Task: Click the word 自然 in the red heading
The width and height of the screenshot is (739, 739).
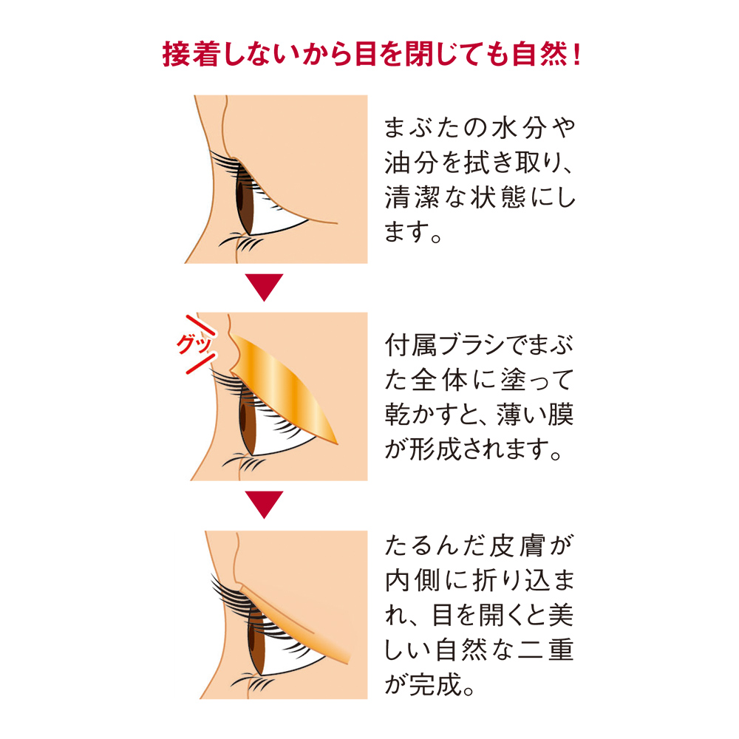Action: click(540, 54)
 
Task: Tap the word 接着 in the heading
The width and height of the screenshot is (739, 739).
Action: click(189, 54)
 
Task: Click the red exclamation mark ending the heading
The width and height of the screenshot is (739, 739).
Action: click(577, 55)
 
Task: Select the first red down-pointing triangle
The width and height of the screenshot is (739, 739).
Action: click(264, 287)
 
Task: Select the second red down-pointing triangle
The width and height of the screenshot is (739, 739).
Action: click(264, 504)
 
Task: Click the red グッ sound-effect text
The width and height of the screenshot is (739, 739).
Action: click(194, 344)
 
